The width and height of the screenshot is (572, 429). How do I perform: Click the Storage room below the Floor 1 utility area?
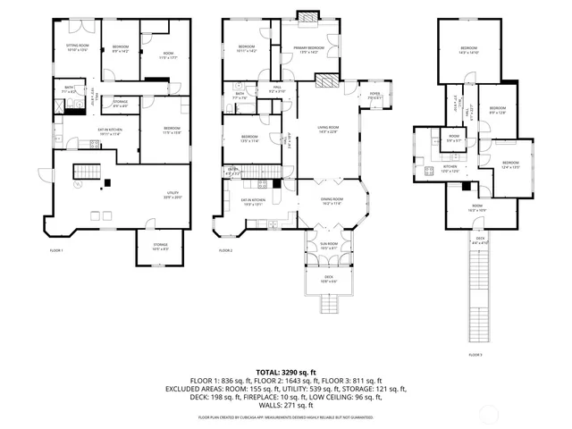pos(160,247)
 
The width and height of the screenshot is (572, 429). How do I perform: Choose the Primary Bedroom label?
pos(308,49)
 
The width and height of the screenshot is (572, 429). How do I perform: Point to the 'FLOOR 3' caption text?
pos(474,356)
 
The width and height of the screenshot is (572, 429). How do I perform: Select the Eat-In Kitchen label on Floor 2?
pos(253,202)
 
